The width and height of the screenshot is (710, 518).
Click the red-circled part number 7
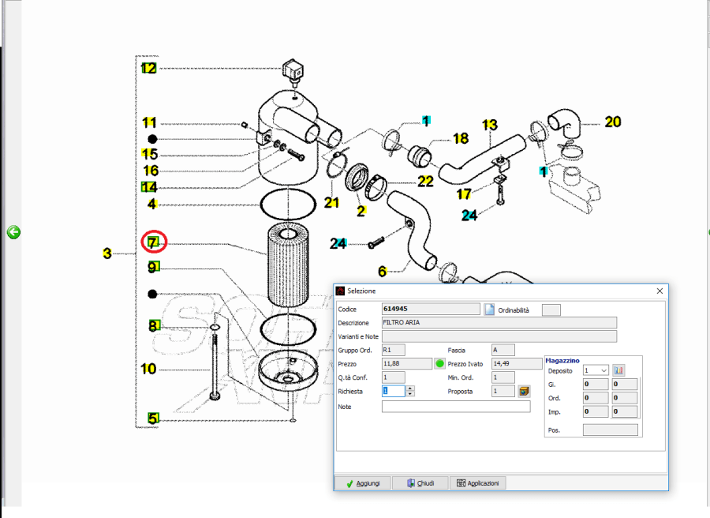(x=152, y=242)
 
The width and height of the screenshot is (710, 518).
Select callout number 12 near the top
(x=149, y=69)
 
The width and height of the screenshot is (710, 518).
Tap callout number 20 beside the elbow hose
(x=613, y=122)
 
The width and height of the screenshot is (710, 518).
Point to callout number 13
(x=490, y=125)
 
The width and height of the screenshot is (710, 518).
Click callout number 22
(x=425, y=182)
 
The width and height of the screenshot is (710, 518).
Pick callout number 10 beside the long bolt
(x=149, y=369)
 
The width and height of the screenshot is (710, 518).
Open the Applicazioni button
(x=477, y=483)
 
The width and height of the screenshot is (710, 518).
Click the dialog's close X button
(x=660, y=291)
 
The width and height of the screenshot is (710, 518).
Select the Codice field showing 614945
(x=430, y=309)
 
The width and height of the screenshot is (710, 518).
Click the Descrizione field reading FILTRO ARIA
(x=499, y=323)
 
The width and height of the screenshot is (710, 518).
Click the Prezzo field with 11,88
(x=406, y=363)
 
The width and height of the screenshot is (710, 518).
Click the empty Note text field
(x=456, y=407)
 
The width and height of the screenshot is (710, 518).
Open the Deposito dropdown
(x=595, y=370)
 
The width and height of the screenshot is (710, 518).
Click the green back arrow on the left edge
(x=13, y=232)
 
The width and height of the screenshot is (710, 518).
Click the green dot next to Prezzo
(x=440, y=363)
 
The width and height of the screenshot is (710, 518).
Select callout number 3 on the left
(x=107, y=253)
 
